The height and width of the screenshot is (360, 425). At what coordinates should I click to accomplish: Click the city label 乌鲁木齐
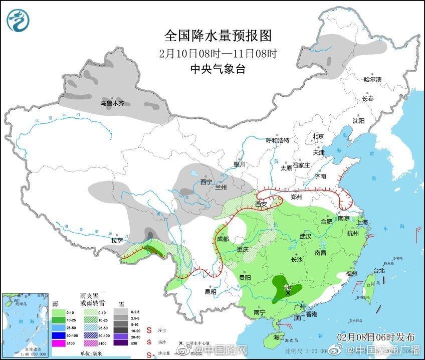point(112,103)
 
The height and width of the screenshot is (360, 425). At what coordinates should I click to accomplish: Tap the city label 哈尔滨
point(372,79)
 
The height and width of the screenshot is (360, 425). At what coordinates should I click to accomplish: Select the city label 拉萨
point(117,241)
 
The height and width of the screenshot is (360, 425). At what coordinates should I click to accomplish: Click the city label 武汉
point(305,236)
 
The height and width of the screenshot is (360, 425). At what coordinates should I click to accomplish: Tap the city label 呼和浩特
point(277,140)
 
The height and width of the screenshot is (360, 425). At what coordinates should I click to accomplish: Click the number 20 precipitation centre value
point(288,287)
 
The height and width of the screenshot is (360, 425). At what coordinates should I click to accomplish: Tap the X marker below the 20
point(288,293)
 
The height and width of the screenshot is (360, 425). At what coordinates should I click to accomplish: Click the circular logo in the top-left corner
point(18,20)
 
